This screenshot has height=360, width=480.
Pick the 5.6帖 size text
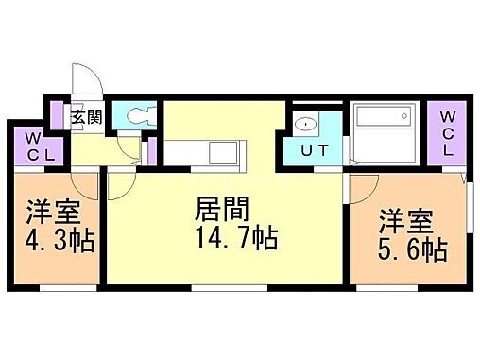pyautogui.click(x=412, y=251)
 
